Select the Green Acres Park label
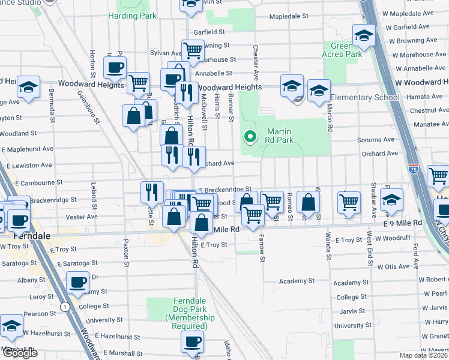346,50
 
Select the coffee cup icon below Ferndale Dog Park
191,341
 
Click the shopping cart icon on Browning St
191,50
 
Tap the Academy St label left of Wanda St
297,281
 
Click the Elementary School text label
364,98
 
